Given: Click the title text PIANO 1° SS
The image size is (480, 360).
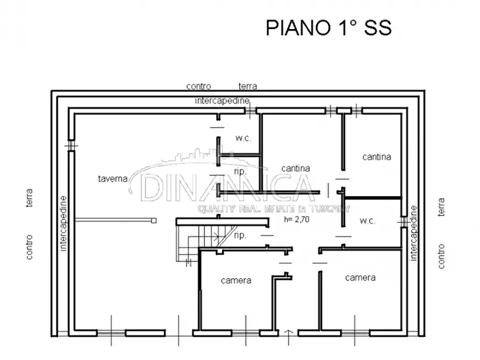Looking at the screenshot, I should [x=328, y=28].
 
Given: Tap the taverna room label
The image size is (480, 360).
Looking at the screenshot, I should [x=112, y=179].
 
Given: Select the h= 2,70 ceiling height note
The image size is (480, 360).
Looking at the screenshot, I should [x=296, y=219].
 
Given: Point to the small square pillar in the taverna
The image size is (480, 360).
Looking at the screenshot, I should [x=154, y=220].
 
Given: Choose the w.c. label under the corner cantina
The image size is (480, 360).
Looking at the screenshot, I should [x=368, y=221].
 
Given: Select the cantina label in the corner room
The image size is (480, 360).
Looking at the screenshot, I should [x=376, y=157].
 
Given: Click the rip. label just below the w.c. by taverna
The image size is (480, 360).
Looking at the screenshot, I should [x=240, y=171].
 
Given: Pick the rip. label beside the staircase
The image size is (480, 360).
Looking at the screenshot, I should [x=241, y=235].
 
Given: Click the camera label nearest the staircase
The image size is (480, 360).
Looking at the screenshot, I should [x=236, y=280].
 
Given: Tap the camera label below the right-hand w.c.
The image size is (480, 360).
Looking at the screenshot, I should [x=360, y=278].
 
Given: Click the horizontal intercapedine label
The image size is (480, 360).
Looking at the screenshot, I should [x=221, y=100].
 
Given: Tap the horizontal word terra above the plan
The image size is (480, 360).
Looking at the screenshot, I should [x=248, y=86].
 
